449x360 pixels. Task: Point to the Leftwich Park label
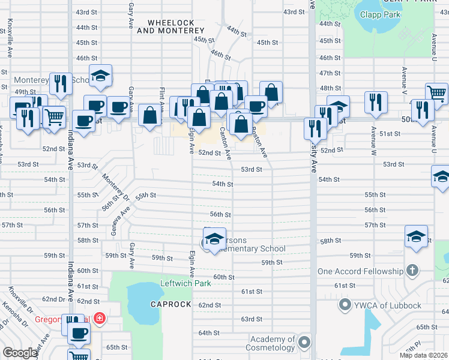pos(185,283)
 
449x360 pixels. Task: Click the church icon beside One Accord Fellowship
pos(412,271)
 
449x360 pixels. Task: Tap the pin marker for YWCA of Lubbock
pos(345,305)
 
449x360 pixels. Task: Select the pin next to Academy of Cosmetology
pos(304,343)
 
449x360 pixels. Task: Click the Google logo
pos(20,353)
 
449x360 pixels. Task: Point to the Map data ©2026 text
pos(423,355)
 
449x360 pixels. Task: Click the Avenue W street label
pos(373,140)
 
